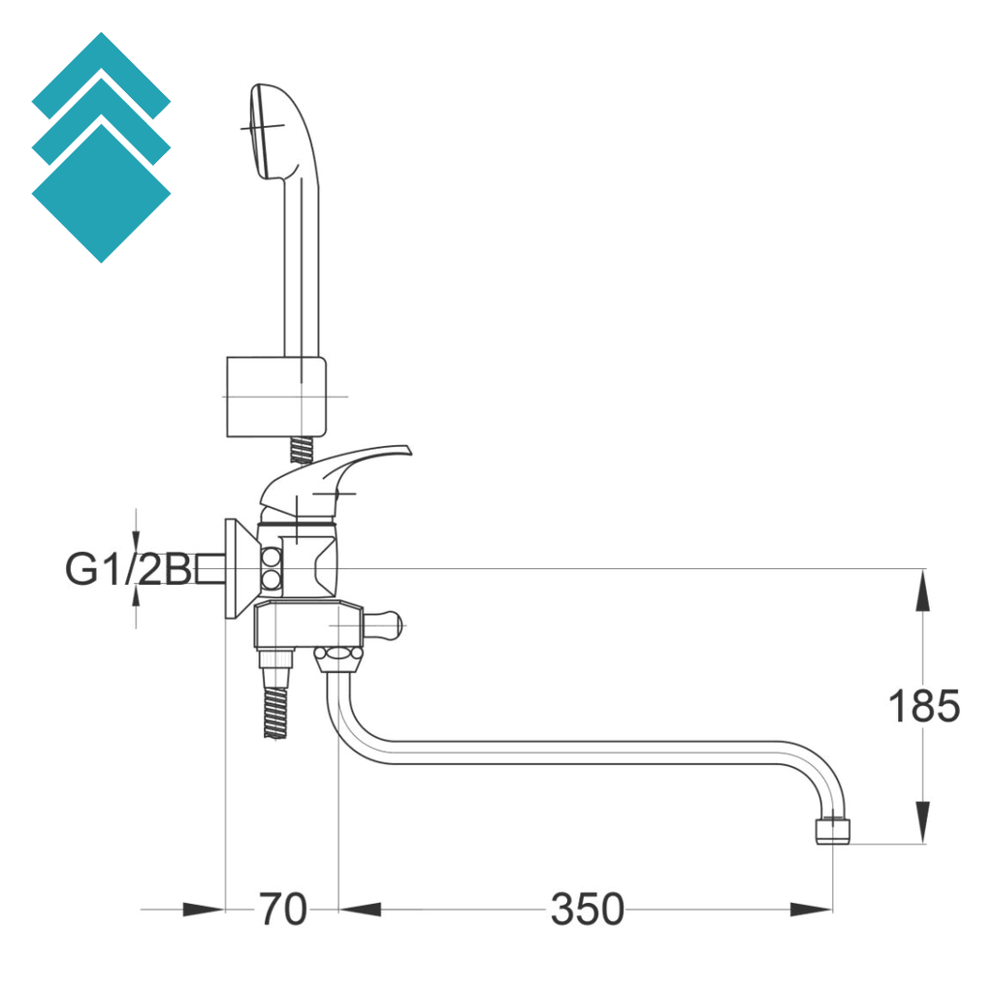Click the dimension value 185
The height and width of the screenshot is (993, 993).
point(923,707)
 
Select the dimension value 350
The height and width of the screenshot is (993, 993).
point(587,910)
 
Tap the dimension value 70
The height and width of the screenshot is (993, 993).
point(282,910)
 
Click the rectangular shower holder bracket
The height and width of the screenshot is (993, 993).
point(275,397)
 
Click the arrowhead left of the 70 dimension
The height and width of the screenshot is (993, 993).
point(203,910)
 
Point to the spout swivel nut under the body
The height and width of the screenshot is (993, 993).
point(339,660)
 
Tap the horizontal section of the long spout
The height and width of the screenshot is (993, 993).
point(582,753)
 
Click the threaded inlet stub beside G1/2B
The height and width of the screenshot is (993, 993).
point(210,568)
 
